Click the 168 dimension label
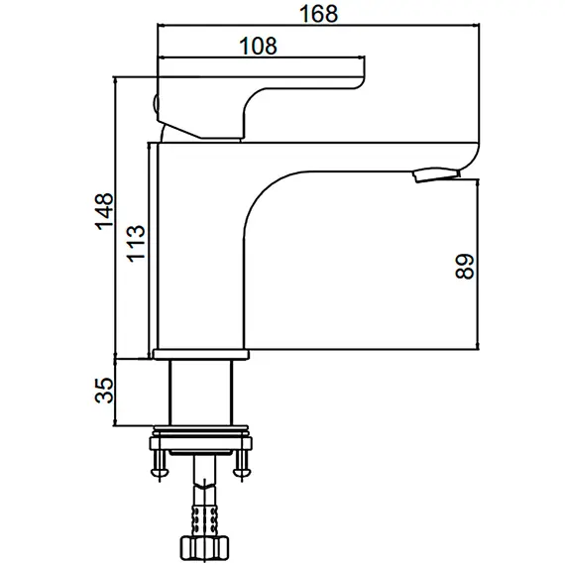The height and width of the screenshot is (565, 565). [x=318, y=14]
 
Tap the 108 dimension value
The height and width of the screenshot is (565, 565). [x=259, y=47]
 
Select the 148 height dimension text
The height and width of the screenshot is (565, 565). [x=104, y=211]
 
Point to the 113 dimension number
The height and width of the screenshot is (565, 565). [x=136, y=243]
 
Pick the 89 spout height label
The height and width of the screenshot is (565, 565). [x=465, y=267]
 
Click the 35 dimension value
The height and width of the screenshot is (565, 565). [x=104, y=390]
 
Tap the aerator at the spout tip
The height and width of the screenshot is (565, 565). [x=437, y=174]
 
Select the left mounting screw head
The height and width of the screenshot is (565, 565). [x=160, y=472]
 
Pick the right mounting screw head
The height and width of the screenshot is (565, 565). [x=242, y=472]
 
